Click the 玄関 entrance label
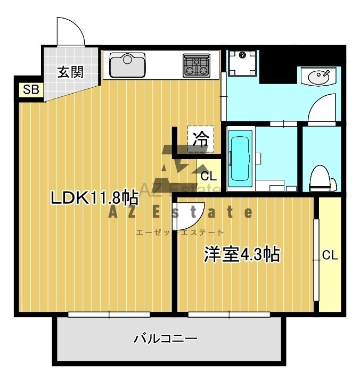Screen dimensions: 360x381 point(70,72)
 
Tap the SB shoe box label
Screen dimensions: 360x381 point(31,89)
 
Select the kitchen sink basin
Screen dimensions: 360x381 point(127,65)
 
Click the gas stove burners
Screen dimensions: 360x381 point(197,65)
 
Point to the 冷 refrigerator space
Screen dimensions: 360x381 point(201,139)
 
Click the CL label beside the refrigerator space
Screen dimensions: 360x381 point(208,176)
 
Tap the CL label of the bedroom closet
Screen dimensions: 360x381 point(330,255)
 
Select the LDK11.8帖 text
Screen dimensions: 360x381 point(94,197)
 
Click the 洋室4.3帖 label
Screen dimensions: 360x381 point(242,254)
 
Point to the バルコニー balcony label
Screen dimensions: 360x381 point(166,338)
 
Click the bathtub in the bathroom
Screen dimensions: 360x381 point(241,159)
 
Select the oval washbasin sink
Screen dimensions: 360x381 point(318,77)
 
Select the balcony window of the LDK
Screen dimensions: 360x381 point(109,314)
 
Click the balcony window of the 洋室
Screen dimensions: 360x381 point(229,314)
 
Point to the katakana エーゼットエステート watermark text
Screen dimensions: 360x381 point(180,233)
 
